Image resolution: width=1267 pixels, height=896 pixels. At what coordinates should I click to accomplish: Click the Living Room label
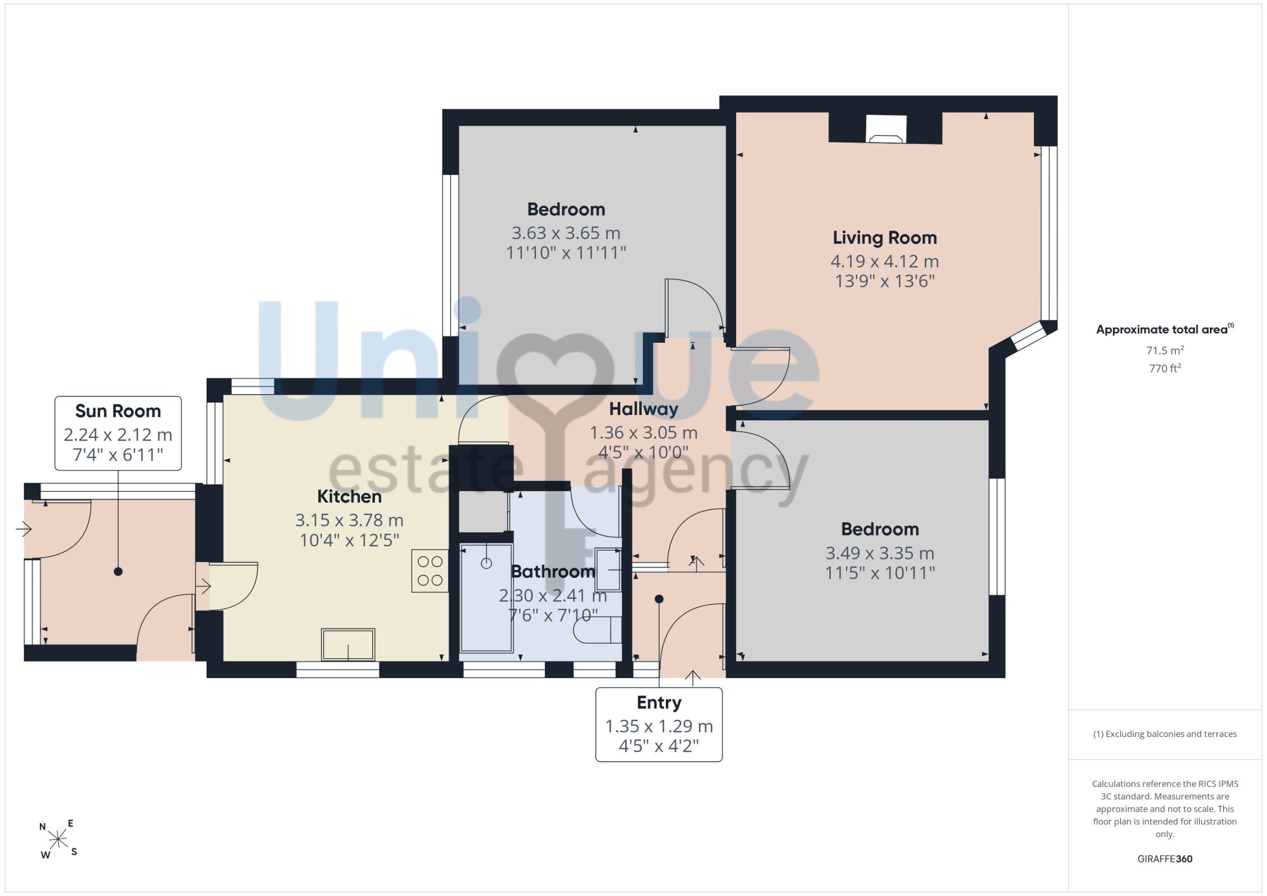coord(884,238)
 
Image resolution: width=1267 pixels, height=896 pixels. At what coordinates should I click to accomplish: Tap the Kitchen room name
coord(349,496)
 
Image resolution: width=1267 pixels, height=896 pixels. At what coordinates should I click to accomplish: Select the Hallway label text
coord(644,409)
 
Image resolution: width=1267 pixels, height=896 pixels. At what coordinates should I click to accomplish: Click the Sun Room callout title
coord(118,411)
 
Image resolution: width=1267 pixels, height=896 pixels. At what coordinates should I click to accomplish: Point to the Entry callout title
coord(659,703)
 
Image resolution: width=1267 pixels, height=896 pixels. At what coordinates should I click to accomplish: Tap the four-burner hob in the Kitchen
coord(430,571)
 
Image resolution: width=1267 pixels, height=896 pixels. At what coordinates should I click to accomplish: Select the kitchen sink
coord(348,644)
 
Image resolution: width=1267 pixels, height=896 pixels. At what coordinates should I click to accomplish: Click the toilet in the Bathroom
coord(597,629)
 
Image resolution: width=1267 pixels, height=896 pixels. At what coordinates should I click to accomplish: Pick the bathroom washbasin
coord(608,570)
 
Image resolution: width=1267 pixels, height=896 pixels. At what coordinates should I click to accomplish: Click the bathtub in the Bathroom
coord(487,598)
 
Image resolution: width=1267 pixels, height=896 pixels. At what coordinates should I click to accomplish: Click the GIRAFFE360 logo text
coord(1164,859)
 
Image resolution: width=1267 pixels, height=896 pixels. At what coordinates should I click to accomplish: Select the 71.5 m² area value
coord(1164,350)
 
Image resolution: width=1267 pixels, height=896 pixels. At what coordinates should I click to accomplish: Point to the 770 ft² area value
coord(1164,368)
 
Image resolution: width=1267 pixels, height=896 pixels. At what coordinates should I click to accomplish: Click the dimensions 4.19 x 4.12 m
coord(884,261)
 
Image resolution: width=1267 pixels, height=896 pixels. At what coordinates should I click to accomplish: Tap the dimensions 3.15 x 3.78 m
coord(349,520)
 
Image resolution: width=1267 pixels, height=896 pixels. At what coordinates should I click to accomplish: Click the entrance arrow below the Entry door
coord(692,678)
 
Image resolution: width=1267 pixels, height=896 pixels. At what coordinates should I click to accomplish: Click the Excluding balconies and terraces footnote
coord(1164,734)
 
